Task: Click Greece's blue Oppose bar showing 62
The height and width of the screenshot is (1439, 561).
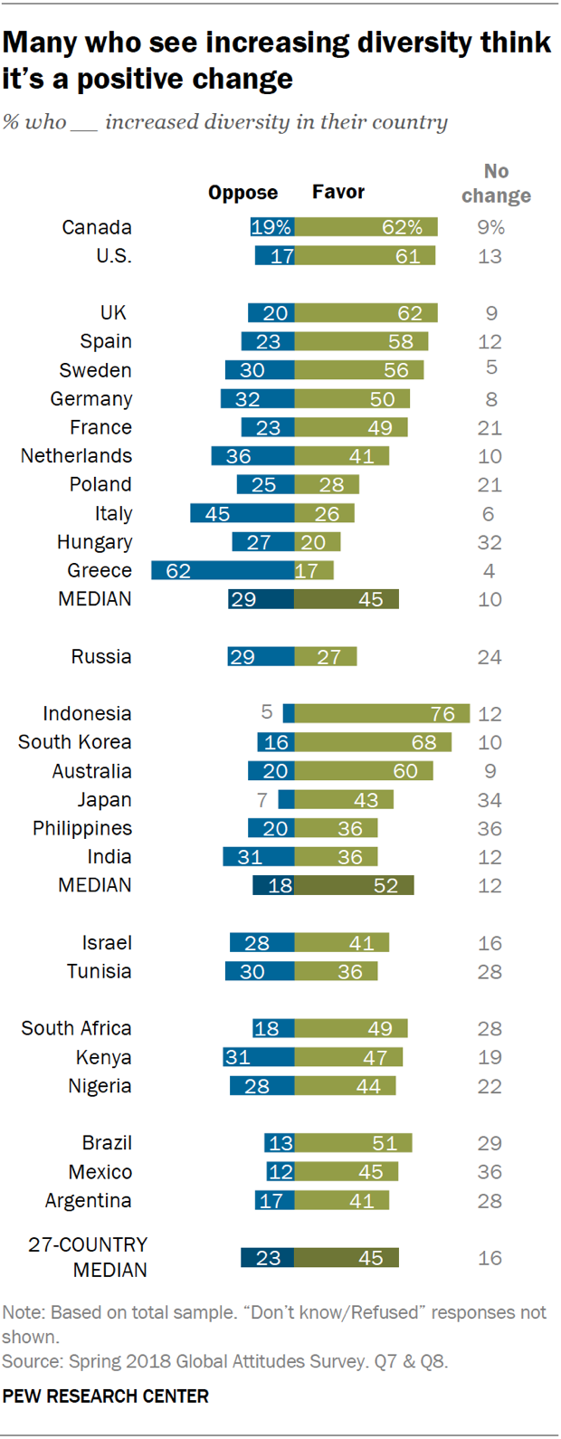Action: click(x=223, y=571)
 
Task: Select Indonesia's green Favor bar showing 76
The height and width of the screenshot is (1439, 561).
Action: click(x=382, y=714)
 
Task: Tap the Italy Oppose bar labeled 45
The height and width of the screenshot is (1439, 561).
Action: click(x=242, y=514)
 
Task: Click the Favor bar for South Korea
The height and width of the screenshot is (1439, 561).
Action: click(x=373, y=743)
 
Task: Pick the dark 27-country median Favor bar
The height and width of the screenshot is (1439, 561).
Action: click(x=347, y=1258)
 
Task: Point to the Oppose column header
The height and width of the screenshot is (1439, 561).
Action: click(x=242, y=193)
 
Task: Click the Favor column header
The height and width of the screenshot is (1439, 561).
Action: click(x=338, y=192)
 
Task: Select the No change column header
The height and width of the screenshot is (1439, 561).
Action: click(x=496, y=184)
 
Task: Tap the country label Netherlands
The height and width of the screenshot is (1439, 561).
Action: click(x=77, y=456)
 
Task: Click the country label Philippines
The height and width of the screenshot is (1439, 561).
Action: click(x=82, y=829)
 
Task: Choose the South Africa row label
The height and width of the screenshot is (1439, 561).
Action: click(x=77, y=1029)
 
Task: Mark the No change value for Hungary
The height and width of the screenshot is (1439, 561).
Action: click(x=490, y=543)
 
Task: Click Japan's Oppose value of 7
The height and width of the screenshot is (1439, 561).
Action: click(x=262, y=800)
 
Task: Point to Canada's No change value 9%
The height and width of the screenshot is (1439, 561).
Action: click(x=490, y=228)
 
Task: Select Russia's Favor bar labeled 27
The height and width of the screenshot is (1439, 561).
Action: click(x=326, y=657)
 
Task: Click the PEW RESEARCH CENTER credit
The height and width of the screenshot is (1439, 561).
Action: click(x=105, y=1396)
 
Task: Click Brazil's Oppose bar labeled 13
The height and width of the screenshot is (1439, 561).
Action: click(x=280, y=1144)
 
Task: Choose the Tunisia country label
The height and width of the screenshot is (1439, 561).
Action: click(x=99, y=972)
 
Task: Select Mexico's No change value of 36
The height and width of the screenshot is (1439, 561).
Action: click(x=490, y=1173)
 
